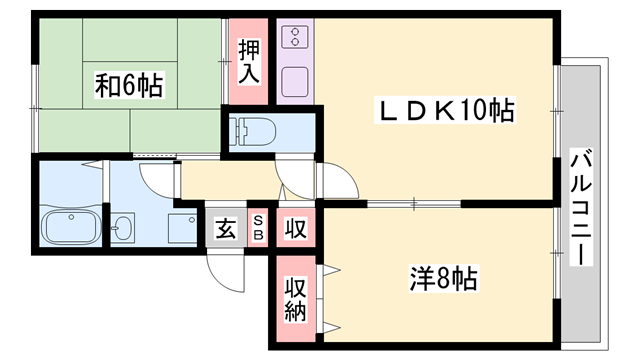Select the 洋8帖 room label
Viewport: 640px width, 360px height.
(x=444, y=277)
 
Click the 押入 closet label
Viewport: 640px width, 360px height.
(x=249, y=59)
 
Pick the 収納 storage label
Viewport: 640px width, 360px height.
(x=293, y=298)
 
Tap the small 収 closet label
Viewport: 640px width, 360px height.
(x=293, y=227)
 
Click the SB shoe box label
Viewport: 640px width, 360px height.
(x=257, y=227)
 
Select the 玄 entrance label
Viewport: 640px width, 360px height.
(x=225, y=228)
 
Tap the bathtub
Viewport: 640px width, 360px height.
(x=69, y=227)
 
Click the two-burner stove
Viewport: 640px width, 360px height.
(x=295, y=39)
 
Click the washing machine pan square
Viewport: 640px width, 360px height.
(x=182, y=228)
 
